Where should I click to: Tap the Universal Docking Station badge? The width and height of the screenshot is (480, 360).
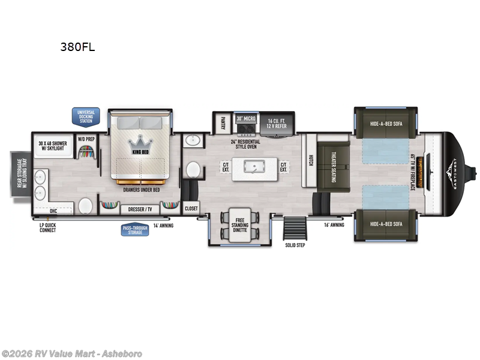click(85, 116)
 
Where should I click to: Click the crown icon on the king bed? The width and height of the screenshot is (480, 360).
click(140, 143)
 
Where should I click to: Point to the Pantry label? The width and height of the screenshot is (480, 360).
click(222, 122)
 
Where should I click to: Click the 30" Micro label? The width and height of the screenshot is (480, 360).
click(245, 119)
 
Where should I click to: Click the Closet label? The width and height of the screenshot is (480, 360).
click(191, 208)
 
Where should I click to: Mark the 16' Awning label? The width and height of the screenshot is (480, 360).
click(319, 226)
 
